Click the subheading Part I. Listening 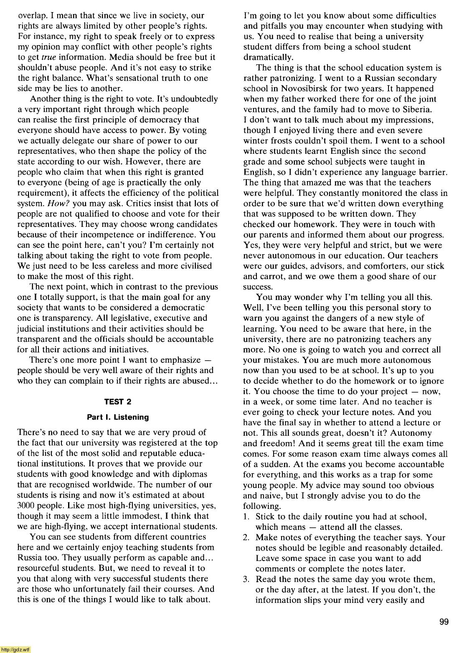click(117, 417)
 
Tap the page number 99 click(444, 622)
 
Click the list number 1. click(246, 517)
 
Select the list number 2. click(246, 538)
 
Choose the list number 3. click(246, 579)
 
